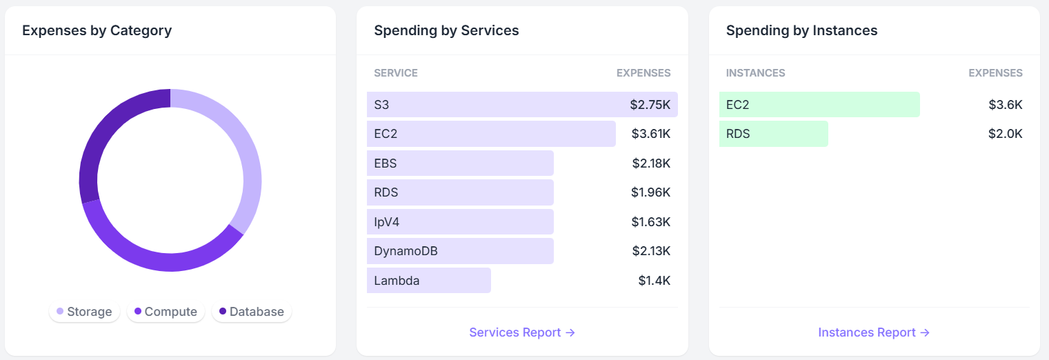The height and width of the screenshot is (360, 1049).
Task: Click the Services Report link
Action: [522, 332]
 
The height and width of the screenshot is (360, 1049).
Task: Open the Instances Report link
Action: [874, 332]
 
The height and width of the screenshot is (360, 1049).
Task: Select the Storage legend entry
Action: [84, 312]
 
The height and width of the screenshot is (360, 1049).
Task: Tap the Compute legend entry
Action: [166, 312]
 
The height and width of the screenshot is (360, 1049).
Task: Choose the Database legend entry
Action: [251, 312]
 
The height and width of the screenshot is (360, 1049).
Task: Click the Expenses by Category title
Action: [97, 30]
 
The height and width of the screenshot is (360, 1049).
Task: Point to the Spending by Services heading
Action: [446, 30]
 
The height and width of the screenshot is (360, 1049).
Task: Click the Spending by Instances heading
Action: [801, 30]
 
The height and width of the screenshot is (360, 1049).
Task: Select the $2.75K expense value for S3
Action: [650, 105]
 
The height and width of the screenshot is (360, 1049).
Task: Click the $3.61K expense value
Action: [650, 134]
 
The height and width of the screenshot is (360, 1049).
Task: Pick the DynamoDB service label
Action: [406, 251]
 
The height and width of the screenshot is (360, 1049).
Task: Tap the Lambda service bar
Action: [428, 281]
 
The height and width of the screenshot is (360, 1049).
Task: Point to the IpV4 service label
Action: [386, 222]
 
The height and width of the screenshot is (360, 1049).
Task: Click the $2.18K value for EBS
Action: [651, 163]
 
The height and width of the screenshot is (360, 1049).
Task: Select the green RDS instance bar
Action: [773, 134]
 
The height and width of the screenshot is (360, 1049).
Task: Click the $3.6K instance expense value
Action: [1005, 105]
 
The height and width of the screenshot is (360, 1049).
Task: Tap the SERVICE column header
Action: [396, 73]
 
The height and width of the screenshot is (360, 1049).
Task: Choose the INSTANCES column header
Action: [755, 73]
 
